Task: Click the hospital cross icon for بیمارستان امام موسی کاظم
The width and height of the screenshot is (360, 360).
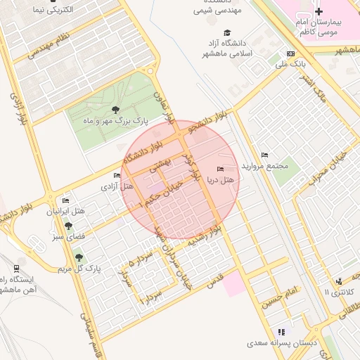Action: point(319,11)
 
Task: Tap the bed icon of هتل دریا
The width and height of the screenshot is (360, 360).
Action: point(221,169)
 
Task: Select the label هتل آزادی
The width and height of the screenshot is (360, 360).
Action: point(117,186)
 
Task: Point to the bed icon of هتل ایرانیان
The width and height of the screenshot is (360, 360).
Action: point(66,200)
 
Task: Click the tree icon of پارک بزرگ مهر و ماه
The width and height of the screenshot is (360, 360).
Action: point(115,109)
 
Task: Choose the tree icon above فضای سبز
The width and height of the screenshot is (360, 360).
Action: point(68,226)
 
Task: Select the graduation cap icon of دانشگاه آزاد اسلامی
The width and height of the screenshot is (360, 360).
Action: point(226,33)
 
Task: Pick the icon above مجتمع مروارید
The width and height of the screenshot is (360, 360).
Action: point(264,155)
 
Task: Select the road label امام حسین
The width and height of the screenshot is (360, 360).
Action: point(281,297)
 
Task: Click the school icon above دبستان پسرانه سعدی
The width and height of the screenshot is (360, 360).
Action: point(281,332)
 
